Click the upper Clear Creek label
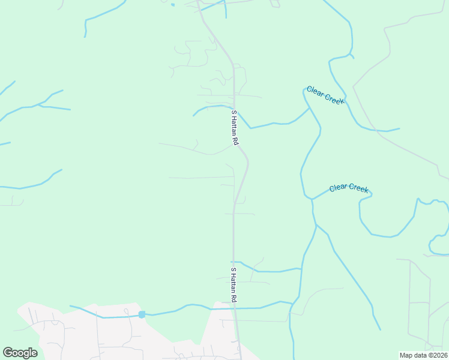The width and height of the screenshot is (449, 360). (325, 95)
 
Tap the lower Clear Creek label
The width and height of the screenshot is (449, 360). (348, 188)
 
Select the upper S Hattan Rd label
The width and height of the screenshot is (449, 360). (235, 127)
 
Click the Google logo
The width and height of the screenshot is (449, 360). (20, 353)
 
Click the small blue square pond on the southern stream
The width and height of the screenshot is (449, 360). (142, 314)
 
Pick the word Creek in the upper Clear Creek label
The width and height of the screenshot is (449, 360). (334, 99)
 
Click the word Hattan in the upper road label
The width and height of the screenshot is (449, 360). (235, 127)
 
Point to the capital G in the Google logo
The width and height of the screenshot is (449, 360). (8, 353)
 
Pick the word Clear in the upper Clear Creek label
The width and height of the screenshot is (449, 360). (315, 91)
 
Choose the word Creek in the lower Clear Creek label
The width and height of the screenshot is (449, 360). (358, 188)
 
